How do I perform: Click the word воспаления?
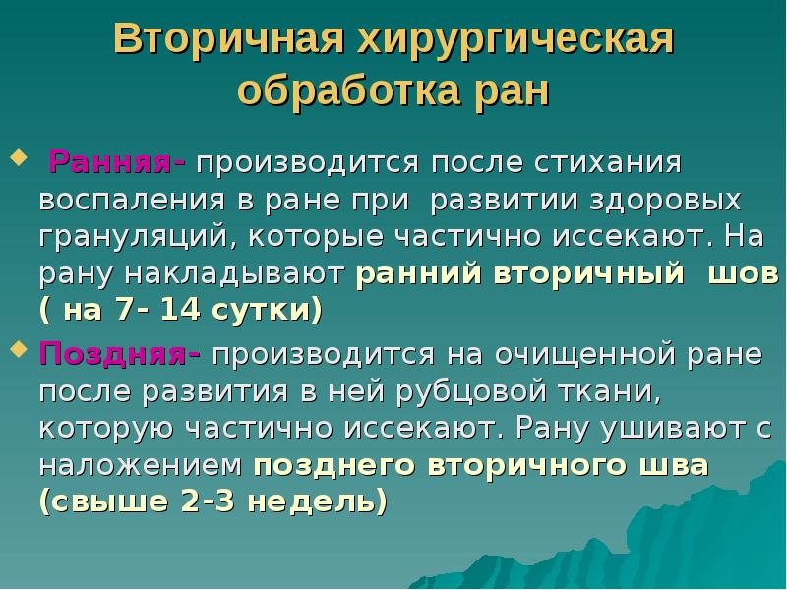(121, 200)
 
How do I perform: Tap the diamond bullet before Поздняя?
(17, 348)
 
